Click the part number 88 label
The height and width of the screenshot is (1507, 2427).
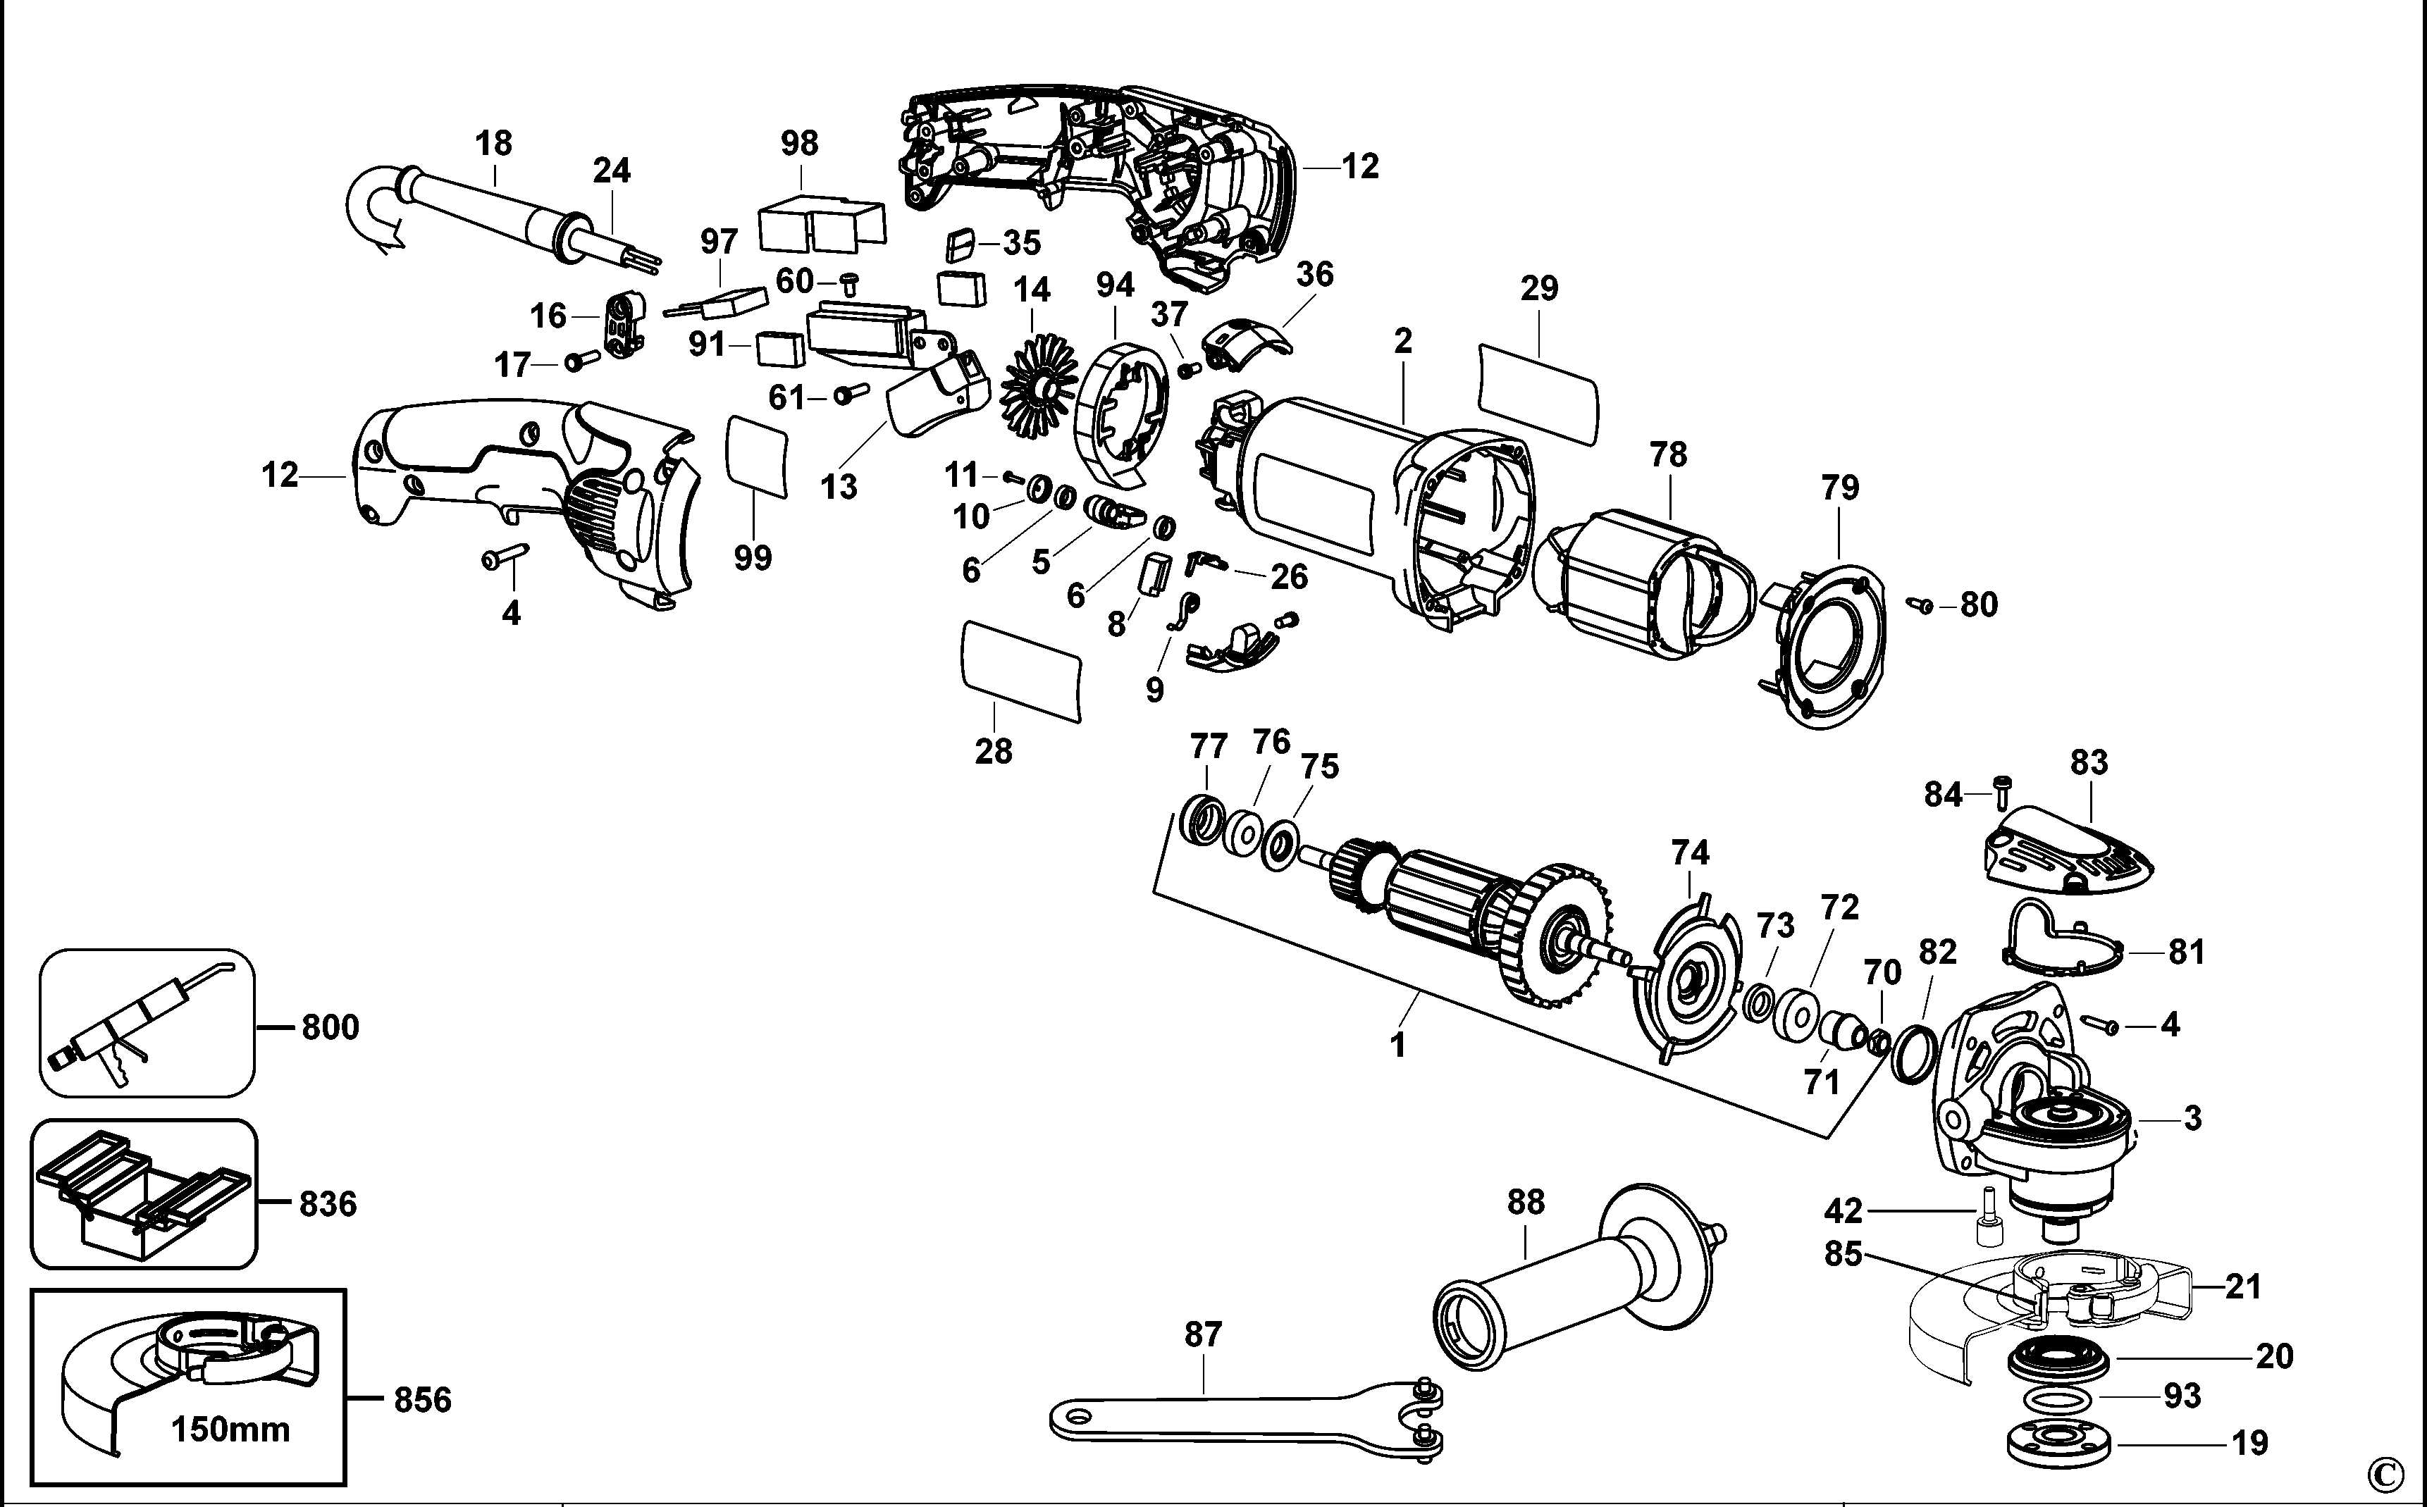(1526, 1202)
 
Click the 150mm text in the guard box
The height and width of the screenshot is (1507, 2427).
(230, 1430)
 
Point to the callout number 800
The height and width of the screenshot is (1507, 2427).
(330, 1027)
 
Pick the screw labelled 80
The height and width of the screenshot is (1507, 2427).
(1919, 603)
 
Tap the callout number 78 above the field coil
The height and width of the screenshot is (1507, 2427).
(1669, 454)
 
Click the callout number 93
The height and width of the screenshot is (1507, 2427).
(2182, 1396)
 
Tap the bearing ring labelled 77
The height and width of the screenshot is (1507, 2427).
(1204, 822)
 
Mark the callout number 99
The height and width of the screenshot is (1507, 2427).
(753, 557)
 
